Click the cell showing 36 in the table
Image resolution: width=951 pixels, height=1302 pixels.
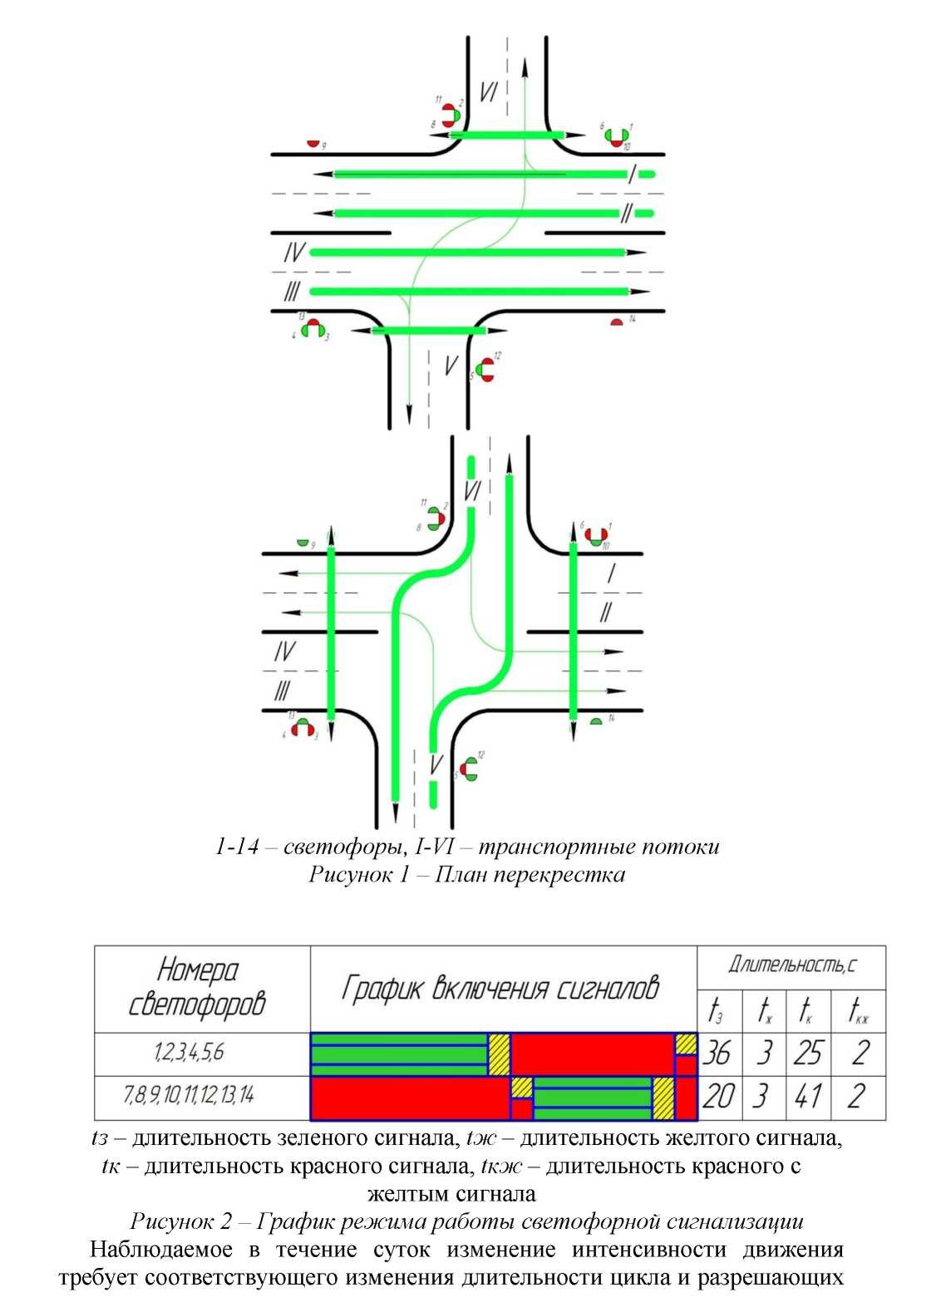717,1054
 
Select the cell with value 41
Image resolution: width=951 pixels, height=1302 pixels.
808,1097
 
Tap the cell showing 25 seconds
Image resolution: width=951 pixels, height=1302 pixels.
808,1054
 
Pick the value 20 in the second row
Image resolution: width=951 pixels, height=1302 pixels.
717,1097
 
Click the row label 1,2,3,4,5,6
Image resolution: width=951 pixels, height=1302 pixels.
189,1053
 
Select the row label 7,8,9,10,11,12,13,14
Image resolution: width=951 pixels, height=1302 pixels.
189,1096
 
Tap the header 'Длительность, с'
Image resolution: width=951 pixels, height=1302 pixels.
792,965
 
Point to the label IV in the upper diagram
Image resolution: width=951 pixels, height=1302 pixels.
293,253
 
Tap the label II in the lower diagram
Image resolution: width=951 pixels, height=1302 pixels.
607,612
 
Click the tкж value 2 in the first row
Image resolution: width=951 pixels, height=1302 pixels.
860,1054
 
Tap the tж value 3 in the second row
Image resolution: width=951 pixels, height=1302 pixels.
760,1097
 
